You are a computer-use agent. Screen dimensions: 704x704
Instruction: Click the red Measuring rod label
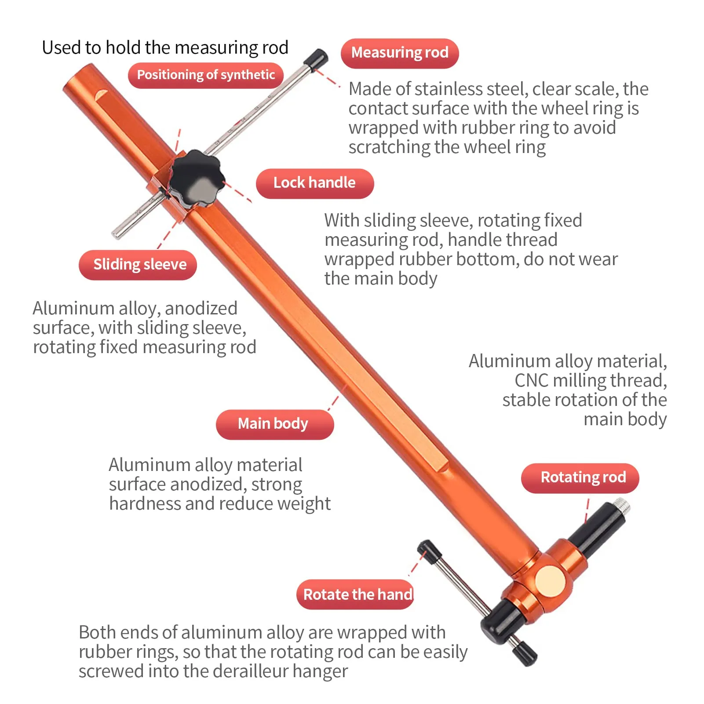pos(400,53)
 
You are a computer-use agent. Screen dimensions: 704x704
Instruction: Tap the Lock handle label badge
pos(315,183)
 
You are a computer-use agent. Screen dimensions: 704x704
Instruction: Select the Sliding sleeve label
pos(138,265)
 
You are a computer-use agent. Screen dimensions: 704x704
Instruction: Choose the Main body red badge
pos(275,424)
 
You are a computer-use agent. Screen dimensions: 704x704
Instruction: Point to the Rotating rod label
pos(580,478)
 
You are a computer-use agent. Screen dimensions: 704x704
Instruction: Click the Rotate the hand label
pos(356,595)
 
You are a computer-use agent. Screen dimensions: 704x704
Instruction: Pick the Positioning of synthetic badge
pos(206,75)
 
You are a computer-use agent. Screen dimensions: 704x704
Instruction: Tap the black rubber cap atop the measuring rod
pos(316,59)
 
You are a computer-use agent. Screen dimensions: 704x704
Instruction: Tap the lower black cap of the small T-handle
pos(525,653)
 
